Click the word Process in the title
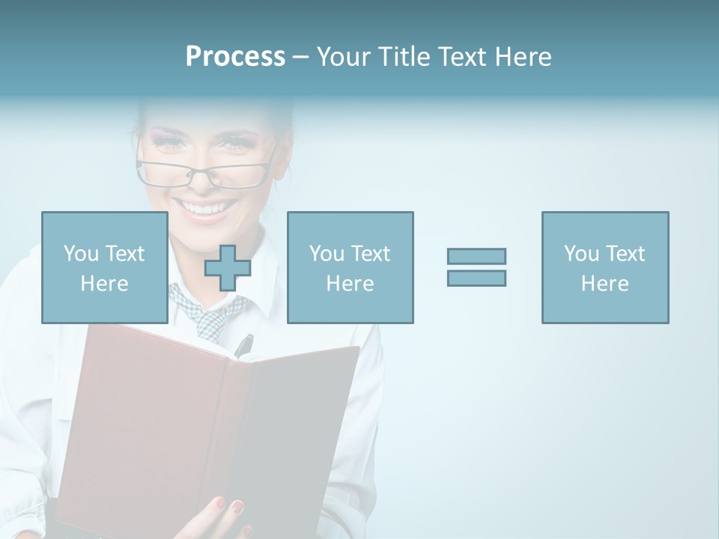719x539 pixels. coord(235,57)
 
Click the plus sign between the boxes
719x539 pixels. coord(228,268)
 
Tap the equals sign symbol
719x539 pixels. coord(476,267)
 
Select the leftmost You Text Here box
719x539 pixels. coord(104,267)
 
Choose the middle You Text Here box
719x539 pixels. coord(350,267)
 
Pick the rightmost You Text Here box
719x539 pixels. coord(604,267)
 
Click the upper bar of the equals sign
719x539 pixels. coord(476,257)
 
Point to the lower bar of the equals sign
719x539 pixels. coord(476,278)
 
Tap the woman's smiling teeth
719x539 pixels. coord(206,207)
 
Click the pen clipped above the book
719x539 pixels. coord(244,346)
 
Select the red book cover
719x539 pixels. coord(150,419)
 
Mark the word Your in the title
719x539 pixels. coord(343,57)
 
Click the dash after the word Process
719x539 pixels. coord(300,58)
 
